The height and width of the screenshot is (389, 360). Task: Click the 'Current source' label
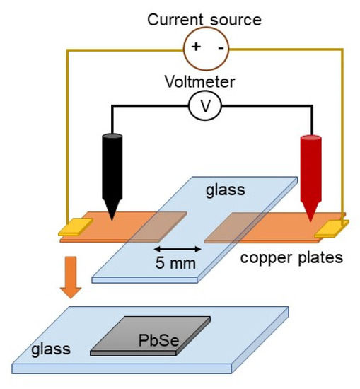(x=204, y=18)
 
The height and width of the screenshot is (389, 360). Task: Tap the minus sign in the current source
(x=221, y=47)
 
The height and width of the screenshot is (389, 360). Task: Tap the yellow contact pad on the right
(x=332, y=227)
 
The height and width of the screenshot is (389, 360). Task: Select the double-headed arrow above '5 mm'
(x=177, y=249)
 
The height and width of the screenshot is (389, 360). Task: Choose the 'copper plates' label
(x=291, y=257)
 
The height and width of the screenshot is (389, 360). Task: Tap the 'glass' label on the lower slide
(x=51, y=348)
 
